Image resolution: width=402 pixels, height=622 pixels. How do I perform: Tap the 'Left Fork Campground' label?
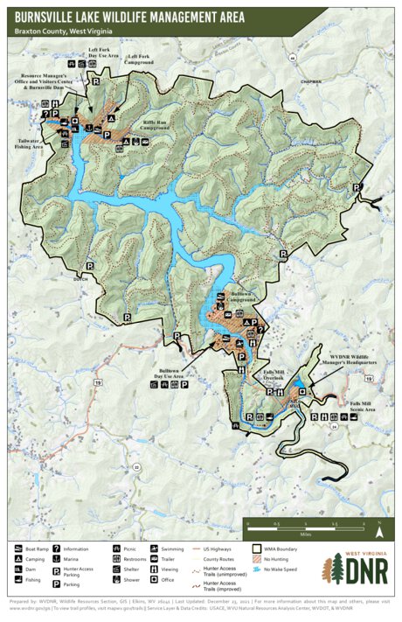[x=138, y=59]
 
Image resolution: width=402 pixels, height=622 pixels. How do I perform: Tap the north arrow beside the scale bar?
[x=380, y=528]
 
